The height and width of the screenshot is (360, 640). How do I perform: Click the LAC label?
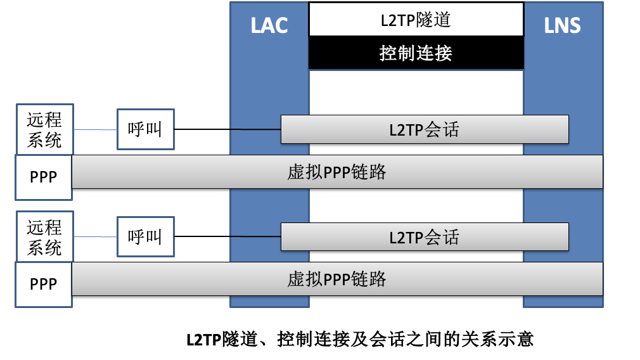coord(269,25)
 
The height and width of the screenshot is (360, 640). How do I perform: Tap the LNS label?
coord(562,25)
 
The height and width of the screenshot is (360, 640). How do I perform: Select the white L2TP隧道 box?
coord(416,20)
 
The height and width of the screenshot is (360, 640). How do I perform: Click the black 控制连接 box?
coord(416,53)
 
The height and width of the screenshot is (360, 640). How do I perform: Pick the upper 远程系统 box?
coord(44,129)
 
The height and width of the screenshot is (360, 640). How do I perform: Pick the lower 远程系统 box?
coord(44,236)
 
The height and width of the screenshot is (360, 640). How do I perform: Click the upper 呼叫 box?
coord(145,129)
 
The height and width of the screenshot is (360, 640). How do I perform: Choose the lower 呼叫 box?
coord(145,236)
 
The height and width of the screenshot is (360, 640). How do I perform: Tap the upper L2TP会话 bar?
coord(424,130)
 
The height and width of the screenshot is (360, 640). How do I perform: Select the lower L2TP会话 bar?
coord(424,237)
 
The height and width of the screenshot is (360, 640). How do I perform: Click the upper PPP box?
coord(43,177)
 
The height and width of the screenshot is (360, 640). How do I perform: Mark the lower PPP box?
coord(43,284)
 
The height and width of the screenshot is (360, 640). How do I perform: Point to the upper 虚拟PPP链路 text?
coord(336,172)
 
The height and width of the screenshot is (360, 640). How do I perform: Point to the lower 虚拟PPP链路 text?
coord(336,279)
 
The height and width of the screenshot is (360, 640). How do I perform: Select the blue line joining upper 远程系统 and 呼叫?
coord(95,130)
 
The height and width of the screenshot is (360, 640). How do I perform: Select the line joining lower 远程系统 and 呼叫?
coord(95,237)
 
